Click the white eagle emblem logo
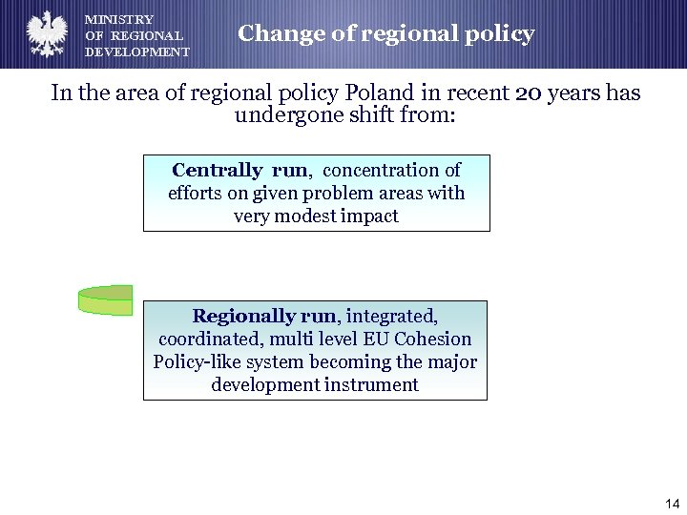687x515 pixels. (45, 34)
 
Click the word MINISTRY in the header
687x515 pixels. (119, 19)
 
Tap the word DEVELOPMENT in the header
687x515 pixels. (137, 52)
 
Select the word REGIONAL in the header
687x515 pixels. (147, 36)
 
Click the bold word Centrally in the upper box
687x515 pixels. (217, 171)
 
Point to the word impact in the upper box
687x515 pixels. (370, 216)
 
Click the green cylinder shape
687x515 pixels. (105, 299)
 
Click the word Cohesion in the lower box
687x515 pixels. (434, 340)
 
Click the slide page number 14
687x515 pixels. (672, 504)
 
